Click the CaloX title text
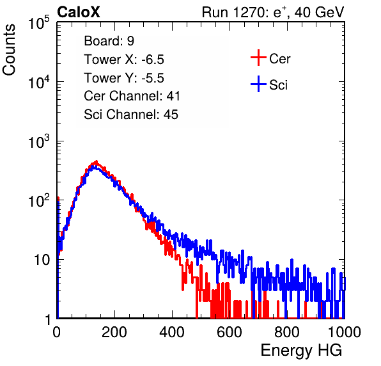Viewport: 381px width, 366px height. [x=79, y=12]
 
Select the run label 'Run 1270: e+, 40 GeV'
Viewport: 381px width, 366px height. [x=273, y=12]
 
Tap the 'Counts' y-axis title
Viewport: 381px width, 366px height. [x=9, y=50]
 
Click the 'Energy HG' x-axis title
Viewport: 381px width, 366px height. [x=301, y=351]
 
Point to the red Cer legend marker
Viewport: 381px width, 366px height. [x=258, y=58]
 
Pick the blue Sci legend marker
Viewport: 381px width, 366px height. [x=258, y=84]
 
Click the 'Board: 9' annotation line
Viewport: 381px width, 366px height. [x=109, y=41]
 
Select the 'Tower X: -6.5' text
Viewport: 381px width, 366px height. [x=124, y=60]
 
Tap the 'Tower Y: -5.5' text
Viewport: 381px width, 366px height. [x=124, y=78]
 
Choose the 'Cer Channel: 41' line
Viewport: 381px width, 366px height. [x=132, y=96]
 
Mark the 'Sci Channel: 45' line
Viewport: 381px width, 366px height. [x=131, y=115]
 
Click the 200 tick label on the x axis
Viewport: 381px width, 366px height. [x=114, y=332]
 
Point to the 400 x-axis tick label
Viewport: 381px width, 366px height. [x=172, y=332]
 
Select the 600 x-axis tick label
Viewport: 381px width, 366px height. [x=229, y=332]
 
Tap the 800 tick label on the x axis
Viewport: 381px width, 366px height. [x=287, y=332]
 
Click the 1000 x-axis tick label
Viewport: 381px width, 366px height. [x=345, y=332]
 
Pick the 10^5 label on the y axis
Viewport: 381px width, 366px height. [x=38, y=22]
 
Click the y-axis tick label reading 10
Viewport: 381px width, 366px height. [x=42, y=260]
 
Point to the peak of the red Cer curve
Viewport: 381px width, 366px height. [x=97, y=161]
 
